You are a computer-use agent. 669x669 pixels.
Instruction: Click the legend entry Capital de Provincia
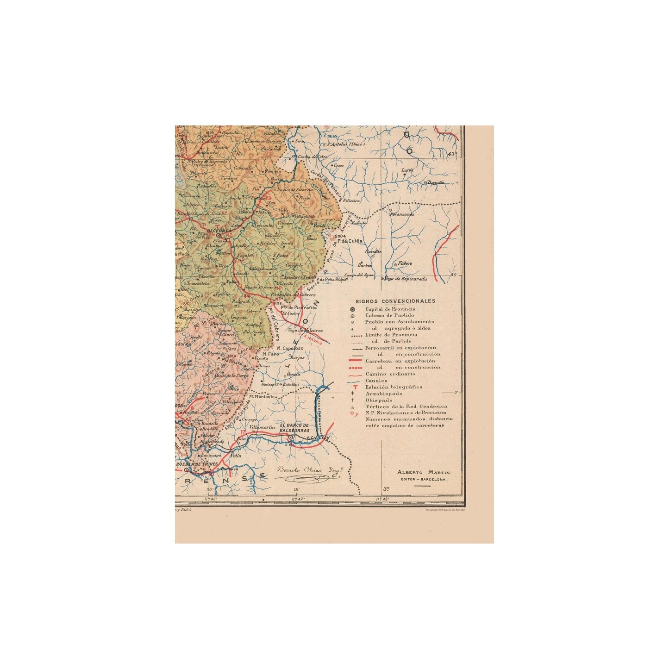pyautogui.click(x=390, y=309)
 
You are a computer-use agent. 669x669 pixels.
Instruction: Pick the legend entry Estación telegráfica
pyautogui.click(x=394, y=387)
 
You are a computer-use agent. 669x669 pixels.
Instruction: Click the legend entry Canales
pyautogui.click(x=376, y=381)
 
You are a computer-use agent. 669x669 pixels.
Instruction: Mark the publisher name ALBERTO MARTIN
pyautogui.click(x=424, y=472)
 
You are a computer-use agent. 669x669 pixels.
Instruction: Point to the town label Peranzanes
pyautogui.click(x=401, y=214)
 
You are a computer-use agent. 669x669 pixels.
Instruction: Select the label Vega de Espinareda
pyautogui.click(x=406, y=279)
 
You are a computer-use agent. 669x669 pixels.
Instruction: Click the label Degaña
pyautogui.click(x=435, y=182)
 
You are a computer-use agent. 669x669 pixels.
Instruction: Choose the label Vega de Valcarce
pyautogui.click(x=305, y=330)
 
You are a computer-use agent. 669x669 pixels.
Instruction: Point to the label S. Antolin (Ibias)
pyautogui.click(x=346, y=144)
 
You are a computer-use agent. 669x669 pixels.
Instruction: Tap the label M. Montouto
pyautogui.click(x=263, y=397)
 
